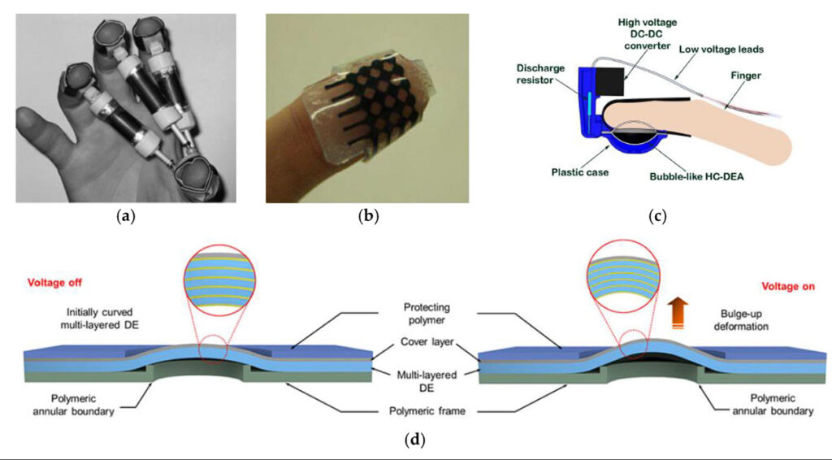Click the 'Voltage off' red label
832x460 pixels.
click(54, 282)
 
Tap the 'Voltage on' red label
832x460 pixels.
click(788, 286)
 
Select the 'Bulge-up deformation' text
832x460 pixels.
click(741, 319)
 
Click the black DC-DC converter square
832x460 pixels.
click(612, 80)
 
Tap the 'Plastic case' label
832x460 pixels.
click(580, 172)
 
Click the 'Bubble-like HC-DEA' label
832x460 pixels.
click(696, 176)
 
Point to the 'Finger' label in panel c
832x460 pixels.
click(746, 76)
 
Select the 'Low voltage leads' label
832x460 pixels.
click(721, 49)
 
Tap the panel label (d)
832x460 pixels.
click(415, 440)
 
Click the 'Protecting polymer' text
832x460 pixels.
click(427, 314)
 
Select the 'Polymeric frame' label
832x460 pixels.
click(427, 411)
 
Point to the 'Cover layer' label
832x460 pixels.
click(427, 341)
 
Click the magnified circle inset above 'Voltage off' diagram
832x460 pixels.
click(219, 280)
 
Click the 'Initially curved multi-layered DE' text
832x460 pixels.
click(100, 319)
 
